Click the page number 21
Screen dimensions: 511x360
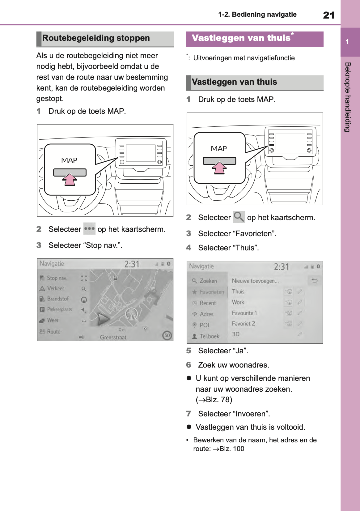329,15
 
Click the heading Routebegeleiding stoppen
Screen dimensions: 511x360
96,38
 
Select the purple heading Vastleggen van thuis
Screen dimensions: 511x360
241,38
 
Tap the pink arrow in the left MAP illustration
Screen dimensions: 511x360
70,179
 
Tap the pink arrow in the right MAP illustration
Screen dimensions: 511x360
219,168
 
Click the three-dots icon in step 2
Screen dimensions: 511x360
89,229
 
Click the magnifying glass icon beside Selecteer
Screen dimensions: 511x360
239,217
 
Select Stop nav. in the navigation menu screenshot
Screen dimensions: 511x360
57,278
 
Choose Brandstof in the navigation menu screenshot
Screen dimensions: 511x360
57,299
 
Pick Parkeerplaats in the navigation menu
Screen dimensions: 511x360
59,309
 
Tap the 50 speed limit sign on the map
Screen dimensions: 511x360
167,335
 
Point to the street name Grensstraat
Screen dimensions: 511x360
113,337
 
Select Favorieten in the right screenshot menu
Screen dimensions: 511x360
212,292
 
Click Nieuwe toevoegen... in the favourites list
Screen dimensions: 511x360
255,281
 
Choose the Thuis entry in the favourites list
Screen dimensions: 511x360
238,292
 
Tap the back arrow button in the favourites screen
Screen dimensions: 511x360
315,281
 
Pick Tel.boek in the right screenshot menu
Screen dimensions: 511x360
209,336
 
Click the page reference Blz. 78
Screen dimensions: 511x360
218,400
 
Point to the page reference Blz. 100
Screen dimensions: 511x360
231,449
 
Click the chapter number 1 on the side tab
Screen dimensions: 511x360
347,42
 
